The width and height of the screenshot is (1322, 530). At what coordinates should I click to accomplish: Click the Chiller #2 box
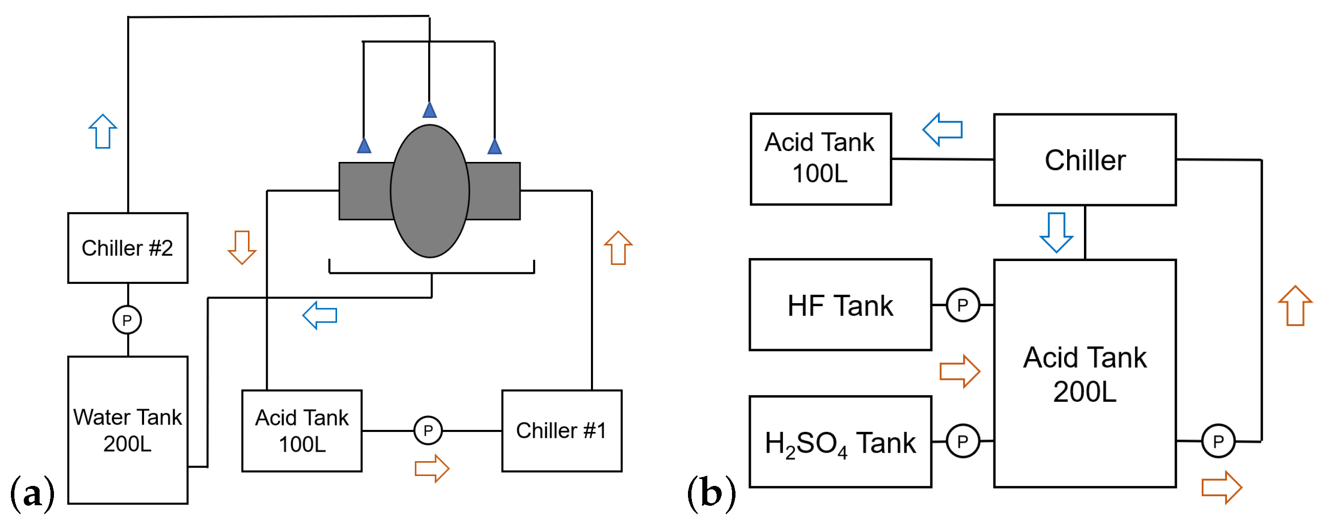tap(128, 248)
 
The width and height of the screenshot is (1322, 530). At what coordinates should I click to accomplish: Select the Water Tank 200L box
tap(128, 430)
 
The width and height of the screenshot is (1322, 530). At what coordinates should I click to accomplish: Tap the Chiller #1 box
tap(561, 431)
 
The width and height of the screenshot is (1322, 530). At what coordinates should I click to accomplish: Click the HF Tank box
tap(840, 305)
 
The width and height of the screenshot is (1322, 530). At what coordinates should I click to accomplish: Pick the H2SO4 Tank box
tap(840, 442)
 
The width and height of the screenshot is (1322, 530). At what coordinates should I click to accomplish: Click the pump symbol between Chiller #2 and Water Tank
tap(127, 320)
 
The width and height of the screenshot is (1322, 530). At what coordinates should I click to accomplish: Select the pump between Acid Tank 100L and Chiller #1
tap(428, 430)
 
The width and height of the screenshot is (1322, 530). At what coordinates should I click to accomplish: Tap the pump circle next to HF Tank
tap(963, 305)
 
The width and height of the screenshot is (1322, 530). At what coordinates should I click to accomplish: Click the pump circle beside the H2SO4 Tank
tap(963, 441)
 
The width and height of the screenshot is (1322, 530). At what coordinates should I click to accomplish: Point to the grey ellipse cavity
tap(430, 191)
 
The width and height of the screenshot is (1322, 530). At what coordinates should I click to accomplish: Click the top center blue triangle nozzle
tap(430, 110)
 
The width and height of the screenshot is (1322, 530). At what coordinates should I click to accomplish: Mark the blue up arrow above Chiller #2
tap(102, 131)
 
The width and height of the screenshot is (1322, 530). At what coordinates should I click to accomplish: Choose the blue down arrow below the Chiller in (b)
tap(1056, 232)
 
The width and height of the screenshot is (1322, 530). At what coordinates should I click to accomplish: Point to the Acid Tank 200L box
tap(1085, 373)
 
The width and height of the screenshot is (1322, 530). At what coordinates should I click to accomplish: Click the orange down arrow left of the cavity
tap(242, 247)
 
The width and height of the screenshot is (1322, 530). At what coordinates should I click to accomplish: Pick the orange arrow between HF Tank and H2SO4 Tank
tap(960, 371)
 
